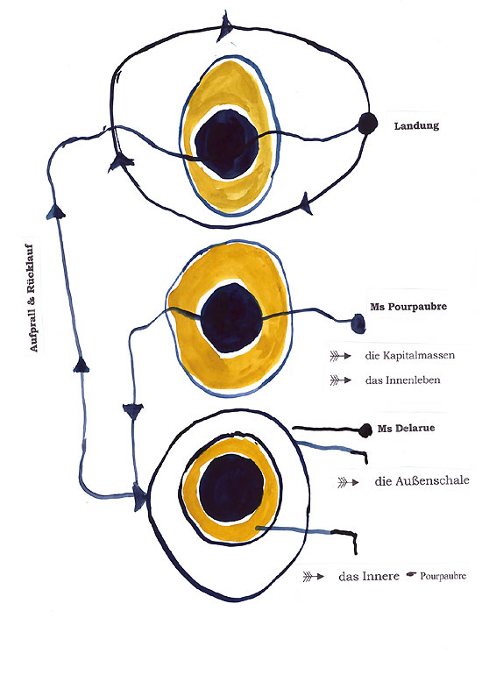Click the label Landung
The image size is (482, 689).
click(416, 126)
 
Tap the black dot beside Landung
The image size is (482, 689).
click(367, 124)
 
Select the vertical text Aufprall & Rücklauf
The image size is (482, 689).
click(33, 297)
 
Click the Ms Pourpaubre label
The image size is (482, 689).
click(408, 307)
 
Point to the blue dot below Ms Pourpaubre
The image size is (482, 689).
click(358, 323)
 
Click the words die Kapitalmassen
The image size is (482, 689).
click(409, 355)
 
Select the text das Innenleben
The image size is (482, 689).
click(402, 380)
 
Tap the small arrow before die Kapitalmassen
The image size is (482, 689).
click(341, 356)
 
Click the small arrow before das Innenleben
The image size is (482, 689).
click(341, 380)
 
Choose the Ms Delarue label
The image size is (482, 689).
click(406, 428)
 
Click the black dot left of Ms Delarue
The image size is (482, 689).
click(365, 430)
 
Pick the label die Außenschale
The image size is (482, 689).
click(422, 480)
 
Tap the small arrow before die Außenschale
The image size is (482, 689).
click(348, 482)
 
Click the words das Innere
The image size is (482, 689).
click(369, 576)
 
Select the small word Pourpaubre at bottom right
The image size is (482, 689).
click(443, 576)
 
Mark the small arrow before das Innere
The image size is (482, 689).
click(313, 577)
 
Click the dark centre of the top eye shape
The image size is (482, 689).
click(227, 144)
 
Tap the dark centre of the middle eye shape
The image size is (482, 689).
click(231, 317)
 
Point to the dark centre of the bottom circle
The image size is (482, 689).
click(231, 487)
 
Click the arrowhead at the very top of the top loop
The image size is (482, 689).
click(225, 25)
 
